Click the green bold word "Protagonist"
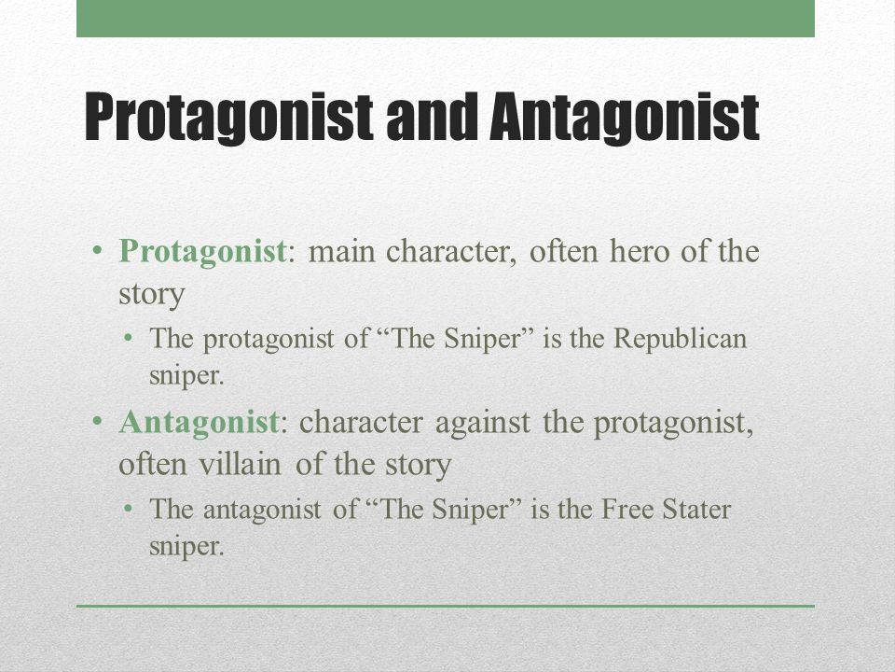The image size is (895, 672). (202, 251)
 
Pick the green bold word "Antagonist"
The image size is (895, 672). (199, 422)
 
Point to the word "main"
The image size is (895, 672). (341, 251)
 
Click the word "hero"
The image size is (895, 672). (638, 251)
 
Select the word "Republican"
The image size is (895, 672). (680, 338)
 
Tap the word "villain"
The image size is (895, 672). (240, 464)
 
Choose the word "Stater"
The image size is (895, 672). (696, 510)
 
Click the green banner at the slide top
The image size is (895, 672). (446, 19)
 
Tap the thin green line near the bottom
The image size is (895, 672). (446, 606)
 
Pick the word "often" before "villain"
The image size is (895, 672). (152, 464)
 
